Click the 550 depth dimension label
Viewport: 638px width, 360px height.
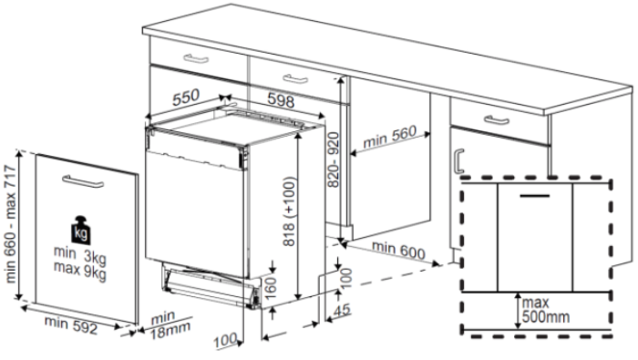(186, 98)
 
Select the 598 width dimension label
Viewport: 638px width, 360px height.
(281, 99)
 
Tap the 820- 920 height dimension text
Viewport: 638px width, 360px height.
(334, 159)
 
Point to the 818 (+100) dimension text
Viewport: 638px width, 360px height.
(289, 211)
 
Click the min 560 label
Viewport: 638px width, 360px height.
(390, 137)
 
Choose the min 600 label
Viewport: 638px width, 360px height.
(398, 250)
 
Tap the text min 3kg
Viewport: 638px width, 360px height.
(80, 254)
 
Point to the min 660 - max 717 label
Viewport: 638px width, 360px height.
(11, 224)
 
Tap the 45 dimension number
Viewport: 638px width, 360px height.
(342, 310)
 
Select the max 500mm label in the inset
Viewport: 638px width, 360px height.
(546, 310)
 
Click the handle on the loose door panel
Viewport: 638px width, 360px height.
(83, 181)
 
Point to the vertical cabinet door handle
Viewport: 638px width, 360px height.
(458, 160)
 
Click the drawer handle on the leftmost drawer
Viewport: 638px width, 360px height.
(196, 58)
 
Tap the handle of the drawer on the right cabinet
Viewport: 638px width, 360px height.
(496, 120)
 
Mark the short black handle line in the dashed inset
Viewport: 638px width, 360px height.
(535, 196)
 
